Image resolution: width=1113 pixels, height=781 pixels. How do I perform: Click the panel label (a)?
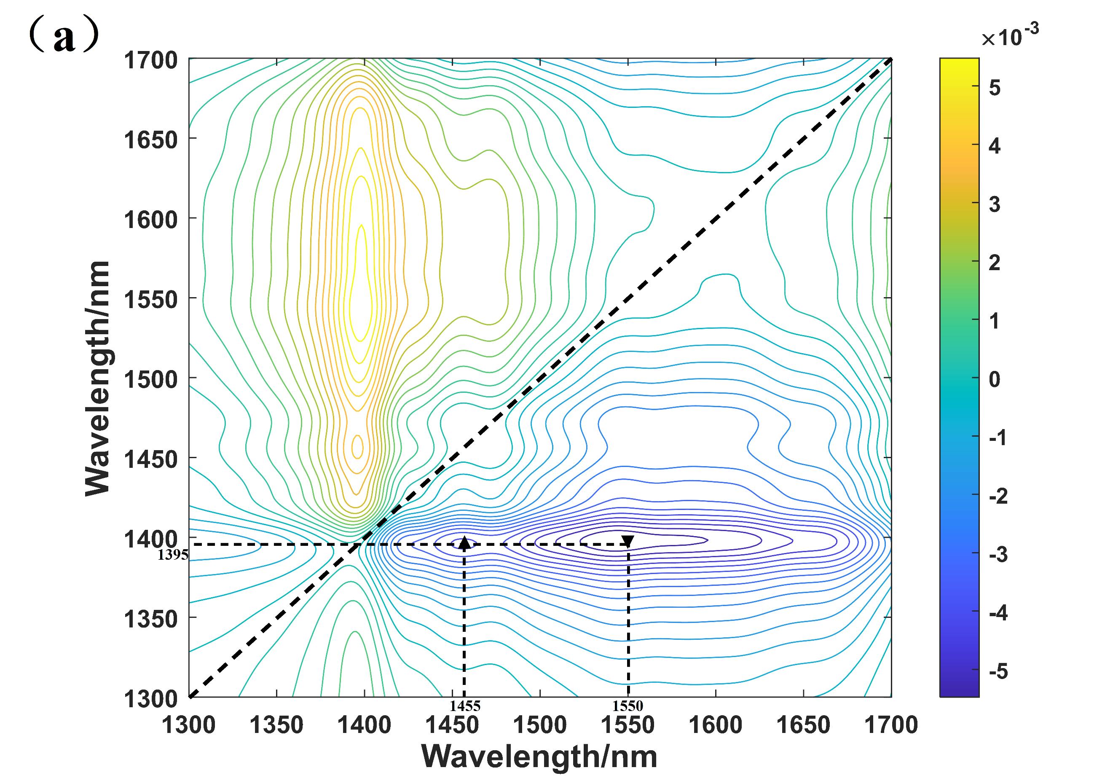(64, 36)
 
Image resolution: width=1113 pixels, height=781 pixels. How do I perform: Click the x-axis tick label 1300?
(188, 725)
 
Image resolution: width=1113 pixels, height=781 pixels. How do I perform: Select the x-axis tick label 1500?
(539, 725)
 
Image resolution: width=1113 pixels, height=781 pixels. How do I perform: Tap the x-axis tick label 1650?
(803, 725)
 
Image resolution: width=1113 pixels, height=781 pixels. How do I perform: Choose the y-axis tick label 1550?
(151, 300)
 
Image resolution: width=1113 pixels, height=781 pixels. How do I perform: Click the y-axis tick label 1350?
(151, 619)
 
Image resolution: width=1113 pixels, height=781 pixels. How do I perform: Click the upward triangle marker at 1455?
(464, 542)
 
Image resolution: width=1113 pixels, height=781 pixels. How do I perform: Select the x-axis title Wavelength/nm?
(539, 757)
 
